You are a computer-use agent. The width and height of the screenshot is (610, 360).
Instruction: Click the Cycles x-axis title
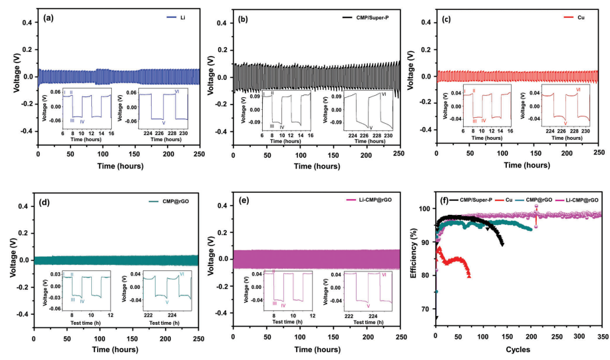pos(518,349)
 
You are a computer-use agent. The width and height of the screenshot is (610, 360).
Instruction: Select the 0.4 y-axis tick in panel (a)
pos(25,23)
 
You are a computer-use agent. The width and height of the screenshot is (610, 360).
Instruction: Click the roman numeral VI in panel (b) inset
pos(384,95)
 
